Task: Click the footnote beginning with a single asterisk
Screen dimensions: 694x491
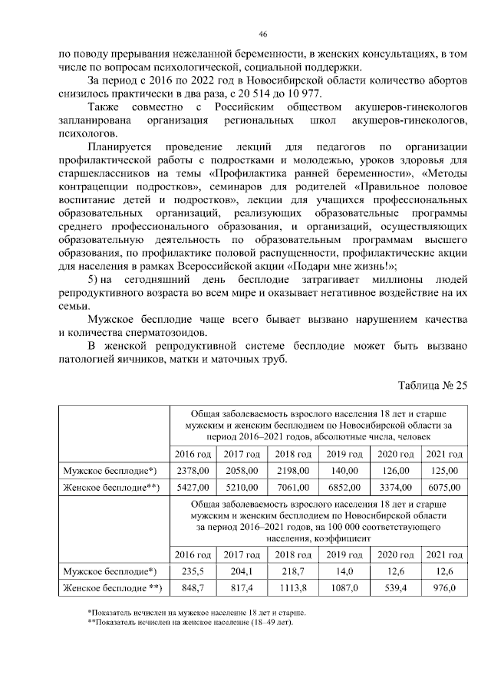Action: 196,613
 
